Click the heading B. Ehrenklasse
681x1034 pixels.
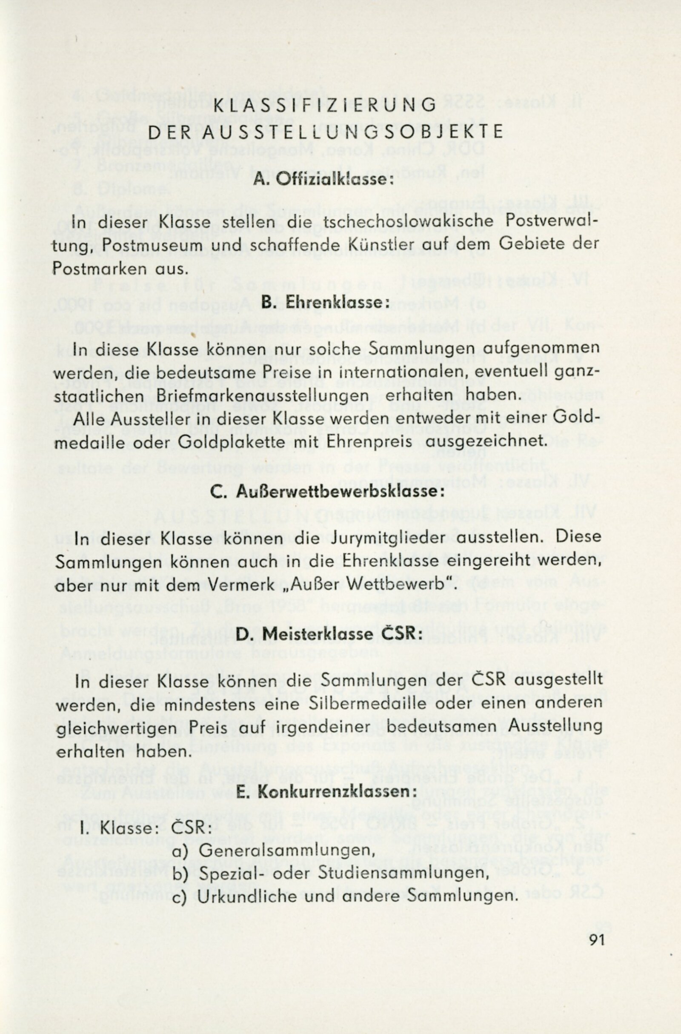coord(323,302)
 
